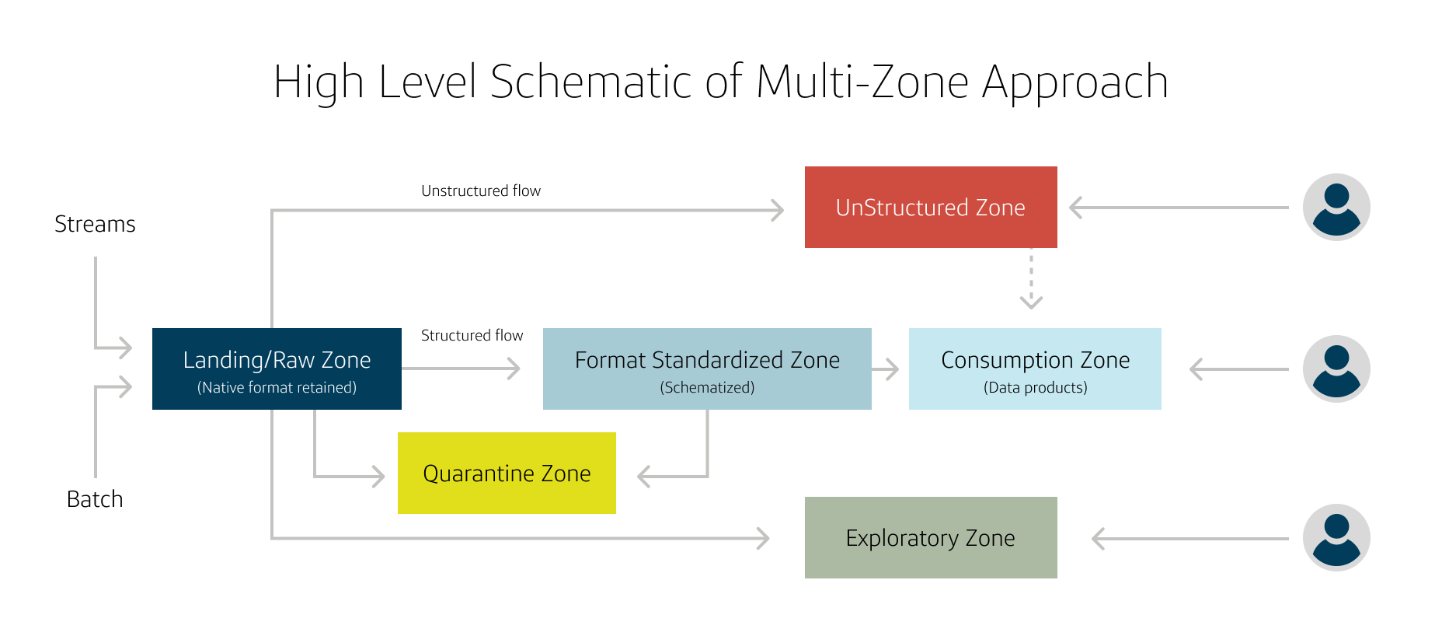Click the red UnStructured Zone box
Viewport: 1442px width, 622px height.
[930, 207]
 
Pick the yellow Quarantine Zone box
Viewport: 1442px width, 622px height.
[507, 473]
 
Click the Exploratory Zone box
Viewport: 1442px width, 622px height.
[930, 537]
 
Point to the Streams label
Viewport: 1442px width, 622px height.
[95, 224]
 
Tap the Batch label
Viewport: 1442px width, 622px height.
[95, 499]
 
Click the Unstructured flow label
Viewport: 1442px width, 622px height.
[480, 190]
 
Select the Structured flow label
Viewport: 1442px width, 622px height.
[472, 335]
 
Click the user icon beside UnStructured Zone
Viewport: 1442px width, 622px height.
[1336, 207]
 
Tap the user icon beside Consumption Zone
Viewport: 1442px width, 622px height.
[1336, 369]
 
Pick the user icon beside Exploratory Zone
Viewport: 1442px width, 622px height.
[1336, 537]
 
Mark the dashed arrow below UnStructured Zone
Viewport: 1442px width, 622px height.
[1031, 280]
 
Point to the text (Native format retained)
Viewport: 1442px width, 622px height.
[277, 387]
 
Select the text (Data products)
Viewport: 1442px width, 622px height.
[1035, 387]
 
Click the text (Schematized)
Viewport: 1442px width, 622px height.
[707, 387]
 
